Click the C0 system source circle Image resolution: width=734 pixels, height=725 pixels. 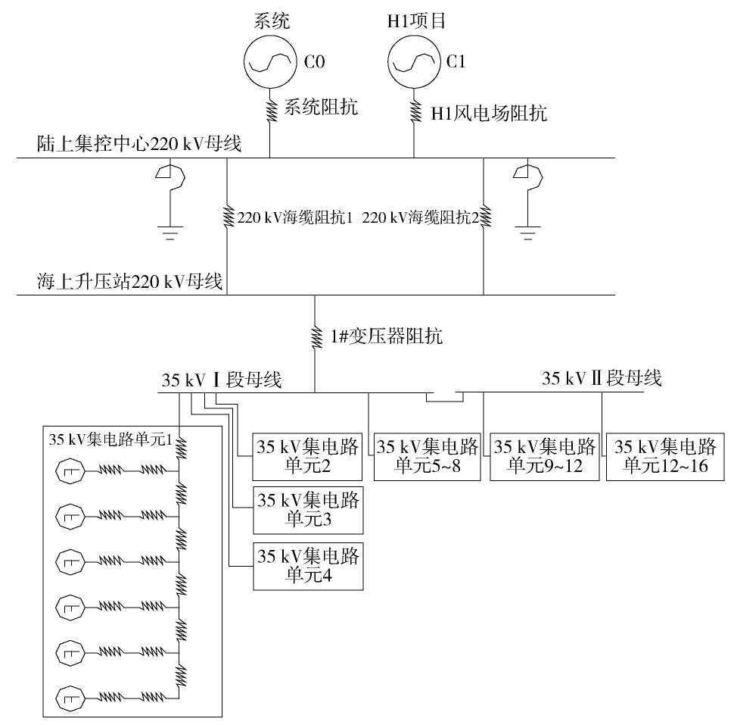click(x=270, y=61)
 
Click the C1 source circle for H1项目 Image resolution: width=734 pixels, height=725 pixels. click(x=414, y=61)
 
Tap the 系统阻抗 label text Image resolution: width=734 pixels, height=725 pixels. click(x=321, y=108)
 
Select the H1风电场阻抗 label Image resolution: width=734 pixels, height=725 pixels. click(x=488, y=113)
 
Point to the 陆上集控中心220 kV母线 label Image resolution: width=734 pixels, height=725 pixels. click(x=139, y=144)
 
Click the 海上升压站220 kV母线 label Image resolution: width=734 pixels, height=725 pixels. click(x=129, y=282)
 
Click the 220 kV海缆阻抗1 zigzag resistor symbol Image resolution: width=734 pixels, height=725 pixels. click(x=228, y=217)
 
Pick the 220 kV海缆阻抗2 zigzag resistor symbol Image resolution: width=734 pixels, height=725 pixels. click(x=484, y=217)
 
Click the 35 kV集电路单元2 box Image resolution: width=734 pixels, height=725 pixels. click(x=307, y=457)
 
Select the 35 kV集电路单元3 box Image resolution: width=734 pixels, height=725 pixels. click(x=308, y=511)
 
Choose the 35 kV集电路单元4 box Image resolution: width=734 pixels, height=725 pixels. click(x=308, y=566)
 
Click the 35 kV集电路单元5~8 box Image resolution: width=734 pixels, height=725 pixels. click(x=428, y=457)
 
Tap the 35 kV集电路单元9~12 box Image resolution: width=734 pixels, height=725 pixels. click(x=544, y=457)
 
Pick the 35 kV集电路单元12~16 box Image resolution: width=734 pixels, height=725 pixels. click(x=665, y=457)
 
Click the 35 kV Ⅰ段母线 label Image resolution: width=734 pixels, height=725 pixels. click(x=222, y=380)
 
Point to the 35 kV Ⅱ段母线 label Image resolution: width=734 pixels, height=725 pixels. click(x=602, y=378)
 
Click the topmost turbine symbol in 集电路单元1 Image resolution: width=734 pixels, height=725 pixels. click(x=70, y=471)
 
